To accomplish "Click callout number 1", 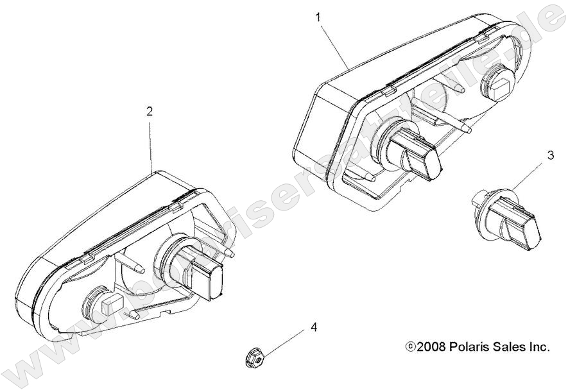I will (x=318, y=17).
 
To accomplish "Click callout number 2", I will (x=150, y=111).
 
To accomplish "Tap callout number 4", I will (x=314, y=327).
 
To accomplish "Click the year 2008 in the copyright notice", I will (x=431, y=347).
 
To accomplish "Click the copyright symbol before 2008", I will (x=411, y=347).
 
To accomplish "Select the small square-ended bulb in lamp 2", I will (x=105, y=304).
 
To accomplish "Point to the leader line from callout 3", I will (x=524, y=176).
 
